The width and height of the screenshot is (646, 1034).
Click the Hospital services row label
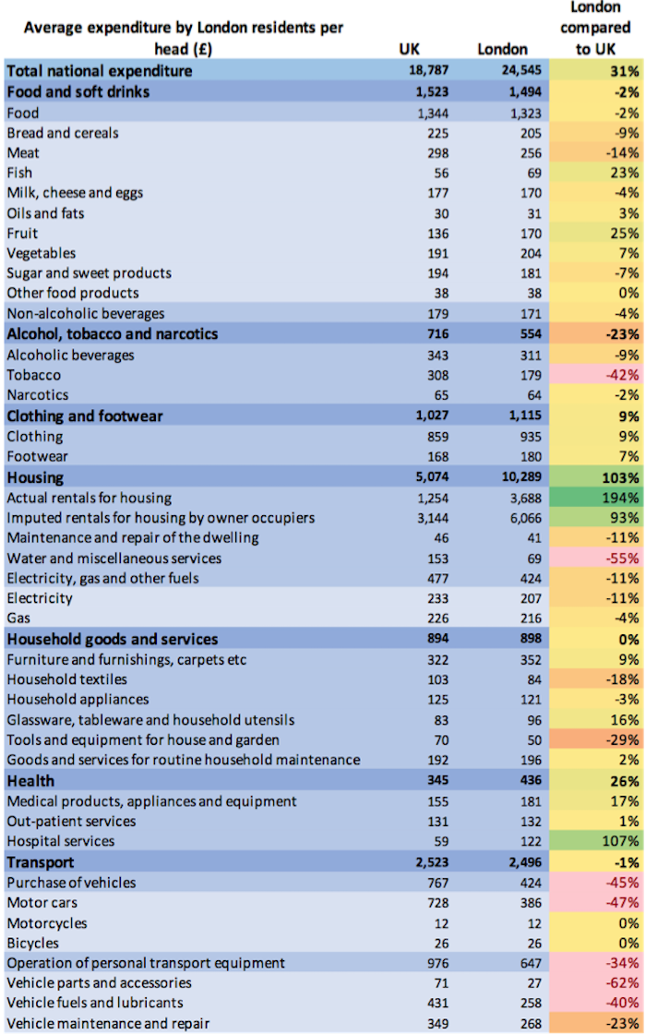(60, 841)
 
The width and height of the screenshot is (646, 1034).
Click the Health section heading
(30, 781)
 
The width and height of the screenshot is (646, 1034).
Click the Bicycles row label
(32, 943)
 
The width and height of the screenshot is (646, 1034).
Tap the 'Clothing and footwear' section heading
(84, 415)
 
